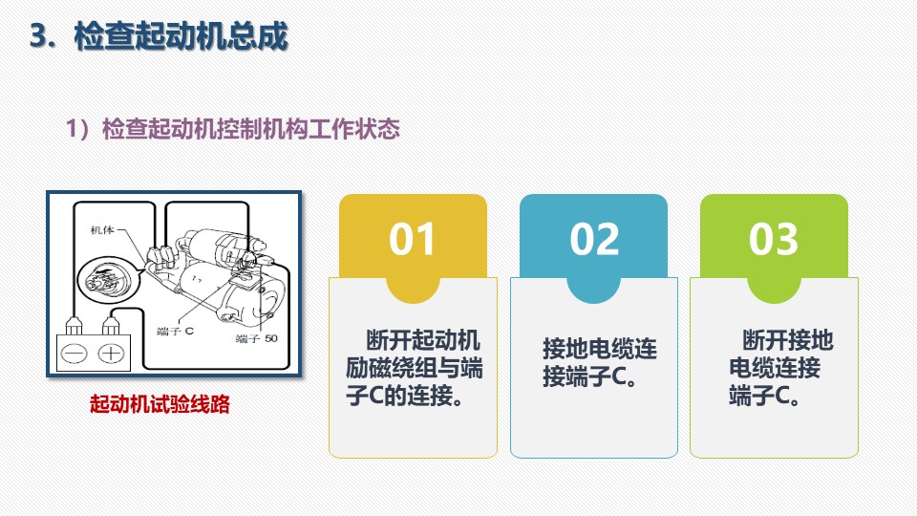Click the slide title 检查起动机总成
pos(181,36)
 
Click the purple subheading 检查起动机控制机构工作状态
pos(251,129)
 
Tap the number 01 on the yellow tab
pos(413,239)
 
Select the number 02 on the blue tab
pos(594,239)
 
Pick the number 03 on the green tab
pos(773,239)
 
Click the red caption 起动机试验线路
pos(160,403)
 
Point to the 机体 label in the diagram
pos(102,230)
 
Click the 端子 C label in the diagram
pos(175,332)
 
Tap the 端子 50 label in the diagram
pos(256,338)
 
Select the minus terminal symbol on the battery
pos(75,354)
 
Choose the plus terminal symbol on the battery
pos(111,354)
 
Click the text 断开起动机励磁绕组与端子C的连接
pos(414,367)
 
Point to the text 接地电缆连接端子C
pos(599,362)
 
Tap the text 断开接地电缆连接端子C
pos(780,367)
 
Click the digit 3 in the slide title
pos(38,36)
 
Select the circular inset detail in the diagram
pos(109,283)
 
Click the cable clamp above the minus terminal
pos(74,326)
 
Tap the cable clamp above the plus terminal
pos(111,326)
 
